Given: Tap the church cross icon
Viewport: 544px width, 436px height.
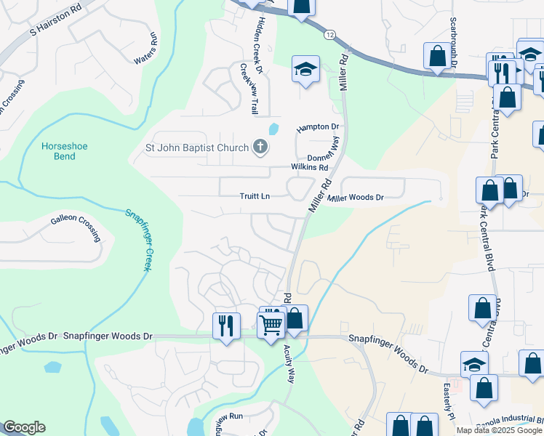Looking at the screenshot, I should tap(260, 148).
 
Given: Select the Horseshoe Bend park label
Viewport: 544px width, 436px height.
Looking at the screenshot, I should tap(64, 151).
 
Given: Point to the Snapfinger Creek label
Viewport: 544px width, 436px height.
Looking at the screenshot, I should tap(137, 240).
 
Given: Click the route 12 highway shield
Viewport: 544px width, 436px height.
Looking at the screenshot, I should tap(330, 35).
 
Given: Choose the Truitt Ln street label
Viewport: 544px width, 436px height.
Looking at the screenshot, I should tap(255, 197).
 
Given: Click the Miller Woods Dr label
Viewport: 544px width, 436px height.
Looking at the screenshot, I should tap(355, 198).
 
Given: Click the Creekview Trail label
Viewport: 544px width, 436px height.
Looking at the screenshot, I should tap(248, 88).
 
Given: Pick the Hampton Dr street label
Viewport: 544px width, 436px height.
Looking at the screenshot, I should tap(318, 127).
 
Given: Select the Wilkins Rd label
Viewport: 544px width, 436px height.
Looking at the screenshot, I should tap(310, 166).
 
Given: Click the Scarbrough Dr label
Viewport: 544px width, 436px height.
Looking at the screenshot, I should tap(453, 43).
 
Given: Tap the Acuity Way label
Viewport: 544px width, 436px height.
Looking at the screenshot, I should tap(289, 363).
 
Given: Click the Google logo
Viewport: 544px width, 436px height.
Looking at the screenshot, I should tap(23, 427).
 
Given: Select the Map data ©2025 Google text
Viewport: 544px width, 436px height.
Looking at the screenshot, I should tap(499, 430).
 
